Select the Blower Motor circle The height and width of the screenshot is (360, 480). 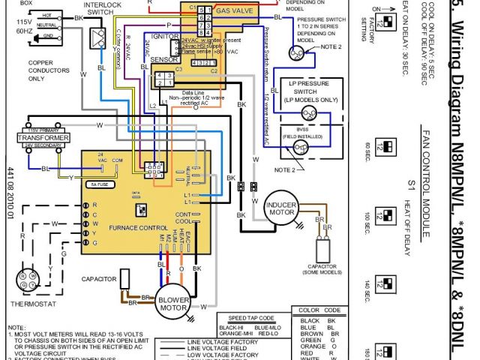click(174, 301)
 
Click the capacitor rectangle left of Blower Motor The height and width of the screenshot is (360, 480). click(124, 283)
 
